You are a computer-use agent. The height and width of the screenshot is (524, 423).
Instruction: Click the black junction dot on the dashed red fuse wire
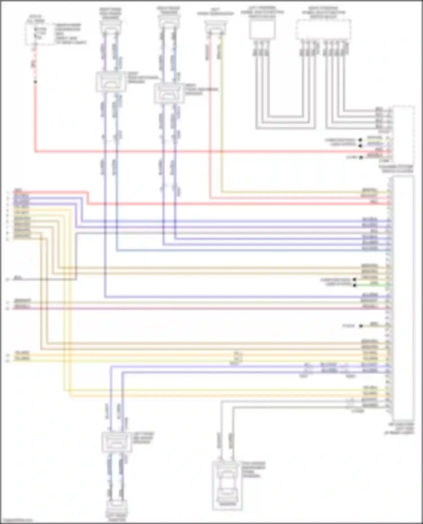(35, 82)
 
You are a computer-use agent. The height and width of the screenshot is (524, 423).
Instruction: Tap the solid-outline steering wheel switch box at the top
(262, 30)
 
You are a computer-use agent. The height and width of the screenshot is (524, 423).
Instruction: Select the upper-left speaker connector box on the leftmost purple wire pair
(111, 82)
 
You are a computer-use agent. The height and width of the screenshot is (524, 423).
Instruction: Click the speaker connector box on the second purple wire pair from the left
(169, 93)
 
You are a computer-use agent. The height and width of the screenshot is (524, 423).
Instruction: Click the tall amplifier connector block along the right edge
(404, 298)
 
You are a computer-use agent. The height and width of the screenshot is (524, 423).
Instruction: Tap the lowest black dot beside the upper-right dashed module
(361, 157)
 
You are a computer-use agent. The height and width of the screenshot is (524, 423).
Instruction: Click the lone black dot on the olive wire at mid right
(361, 326)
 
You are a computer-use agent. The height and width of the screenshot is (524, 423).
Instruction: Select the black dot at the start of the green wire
(354, 285)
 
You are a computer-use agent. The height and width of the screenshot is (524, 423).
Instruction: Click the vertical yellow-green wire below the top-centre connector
(221, 113)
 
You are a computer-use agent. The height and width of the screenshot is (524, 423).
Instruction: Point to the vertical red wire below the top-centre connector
(210, 113)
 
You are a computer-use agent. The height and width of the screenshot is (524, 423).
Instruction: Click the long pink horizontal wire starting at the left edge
(197, 309)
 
